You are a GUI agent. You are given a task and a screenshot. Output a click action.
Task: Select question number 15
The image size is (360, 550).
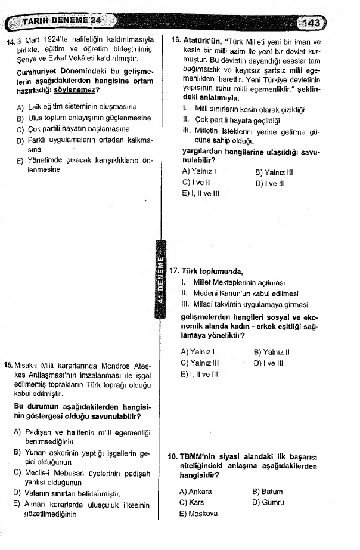point(9,363)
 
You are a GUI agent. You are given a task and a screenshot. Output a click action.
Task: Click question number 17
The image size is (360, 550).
point(175,270)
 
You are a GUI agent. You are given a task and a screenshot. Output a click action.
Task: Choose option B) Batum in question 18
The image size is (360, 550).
point(267,491)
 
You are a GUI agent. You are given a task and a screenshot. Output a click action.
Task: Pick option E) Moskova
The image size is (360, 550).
point(198,513)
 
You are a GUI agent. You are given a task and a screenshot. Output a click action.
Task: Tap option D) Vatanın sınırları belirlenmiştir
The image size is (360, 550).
point(67,494)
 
